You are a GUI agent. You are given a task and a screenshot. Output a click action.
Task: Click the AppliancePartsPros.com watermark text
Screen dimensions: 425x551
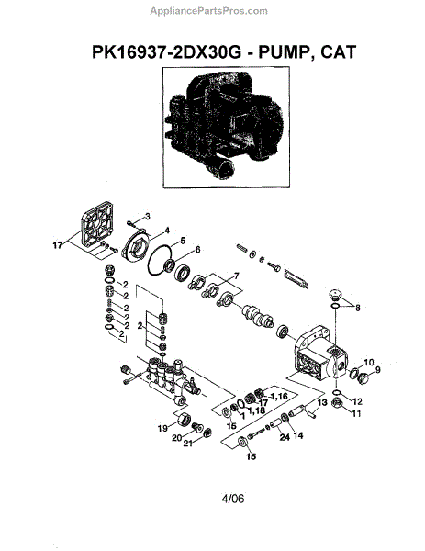(208, 11)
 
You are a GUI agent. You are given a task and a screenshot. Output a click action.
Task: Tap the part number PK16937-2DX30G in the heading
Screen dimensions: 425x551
(167, 52)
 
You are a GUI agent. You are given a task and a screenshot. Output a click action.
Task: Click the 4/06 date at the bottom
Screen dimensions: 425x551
(232, 499)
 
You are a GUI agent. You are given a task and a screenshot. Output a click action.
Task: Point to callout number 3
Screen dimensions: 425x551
(148, 217)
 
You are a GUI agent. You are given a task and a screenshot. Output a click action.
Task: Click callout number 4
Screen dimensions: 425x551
(167, 231)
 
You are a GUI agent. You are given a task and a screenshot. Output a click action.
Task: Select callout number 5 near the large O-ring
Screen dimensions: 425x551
(183, 241)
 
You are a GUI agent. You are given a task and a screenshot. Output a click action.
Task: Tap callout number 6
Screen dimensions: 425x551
(197, 250)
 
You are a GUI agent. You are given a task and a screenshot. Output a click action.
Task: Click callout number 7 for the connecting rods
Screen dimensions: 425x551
(236, 276)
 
